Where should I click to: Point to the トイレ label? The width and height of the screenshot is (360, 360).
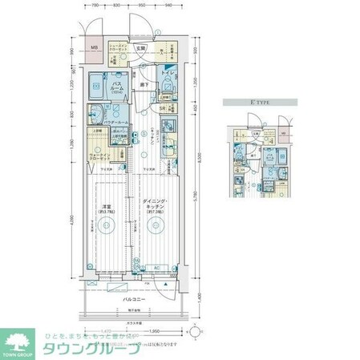click(168, 74)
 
